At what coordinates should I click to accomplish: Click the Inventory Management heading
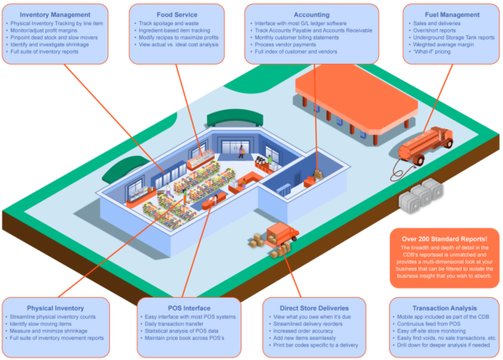click(54, 14)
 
